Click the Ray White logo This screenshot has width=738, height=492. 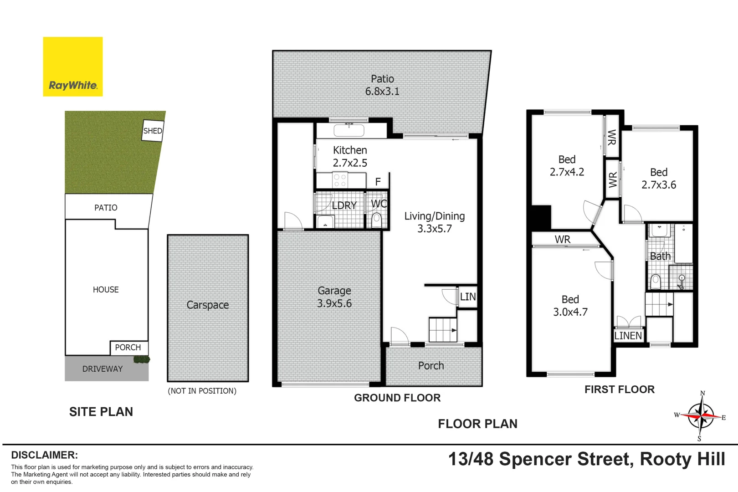[x=73, y=67]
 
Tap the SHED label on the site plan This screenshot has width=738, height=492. [x=153, y=131]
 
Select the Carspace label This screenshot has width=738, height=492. [x=208, y=305]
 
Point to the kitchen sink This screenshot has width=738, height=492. [x=349, y=131]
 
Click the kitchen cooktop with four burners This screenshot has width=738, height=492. [x=340, y=180]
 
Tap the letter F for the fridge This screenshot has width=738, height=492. [x=378, y=182]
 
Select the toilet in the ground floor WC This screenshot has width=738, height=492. [x=377, y=220]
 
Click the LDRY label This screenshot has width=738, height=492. [x=344, y=205]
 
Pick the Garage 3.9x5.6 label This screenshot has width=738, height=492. [x=334, y=297]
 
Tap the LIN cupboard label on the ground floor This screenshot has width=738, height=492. [x=468, y=297]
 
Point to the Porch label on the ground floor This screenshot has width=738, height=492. [x=431, y=366]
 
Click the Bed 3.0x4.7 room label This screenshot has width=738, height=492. [x=570, y=306]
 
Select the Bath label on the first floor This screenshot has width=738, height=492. [x=660, y=256]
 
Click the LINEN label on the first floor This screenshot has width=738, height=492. [x=628, y=336]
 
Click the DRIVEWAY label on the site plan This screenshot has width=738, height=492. [x=102, y=369]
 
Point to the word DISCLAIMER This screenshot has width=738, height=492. [x=45, y=455]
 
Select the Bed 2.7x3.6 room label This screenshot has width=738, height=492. [x=659, y=179]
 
